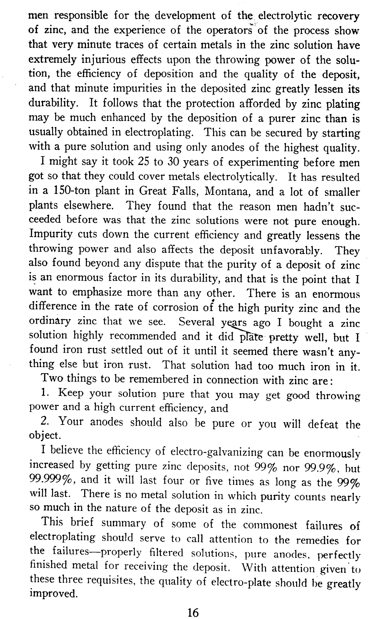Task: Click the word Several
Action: [197, 322]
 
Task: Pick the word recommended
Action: [143, 336]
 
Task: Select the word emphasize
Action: [97, 292]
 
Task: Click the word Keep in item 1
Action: [71, 393]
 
